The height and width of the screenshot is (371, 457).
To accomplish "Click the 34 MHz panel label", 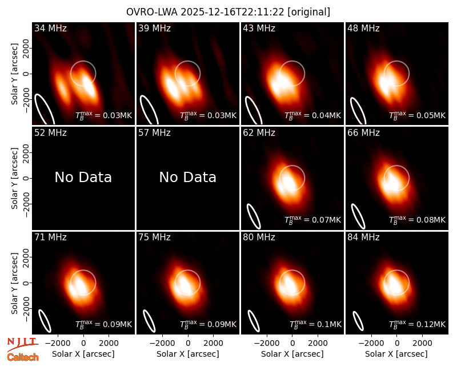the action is [x=50, y=28].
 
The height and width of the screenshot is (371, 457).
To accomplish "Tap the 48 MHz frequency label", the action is [x=363, y=28].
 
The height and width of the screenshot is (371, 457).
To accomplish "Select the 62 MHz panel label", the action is [x=259, y=133].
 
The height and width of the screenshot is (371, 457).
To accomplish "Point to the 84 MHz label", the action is [x=363, y=237].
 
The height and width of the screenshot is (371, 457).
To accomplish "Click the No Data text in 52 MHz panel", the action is [x=83, y=177].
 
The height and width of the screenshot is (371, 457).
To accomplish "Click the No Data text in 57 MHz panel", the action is [x=188, y=177].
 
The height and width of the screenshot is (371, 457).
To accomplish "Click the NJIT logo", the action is [x=22, y=344].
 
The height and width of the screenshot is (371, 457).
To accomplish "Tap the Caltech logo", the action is [x=23, y=357].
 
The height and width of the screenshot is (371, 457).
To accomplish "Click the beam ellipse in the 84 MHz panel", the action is [x=358, y=321].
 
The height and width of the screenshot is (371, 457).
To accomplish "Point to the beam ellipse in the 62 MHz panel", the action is [x=254, y=216].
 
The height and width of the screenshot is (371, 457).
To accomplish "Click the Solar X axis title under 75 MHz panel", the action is [x=188, y=354].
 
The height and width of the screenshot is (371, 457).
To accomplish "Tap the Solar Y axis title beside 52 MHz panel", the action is [x=14, y=178].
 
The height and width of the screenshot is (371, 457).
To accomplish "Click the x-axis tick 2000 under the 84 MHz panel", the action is [x=422, y=344].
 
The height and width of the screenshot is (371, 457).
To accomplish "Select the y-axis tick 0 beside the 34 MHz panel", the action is [x=26, y=74].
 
